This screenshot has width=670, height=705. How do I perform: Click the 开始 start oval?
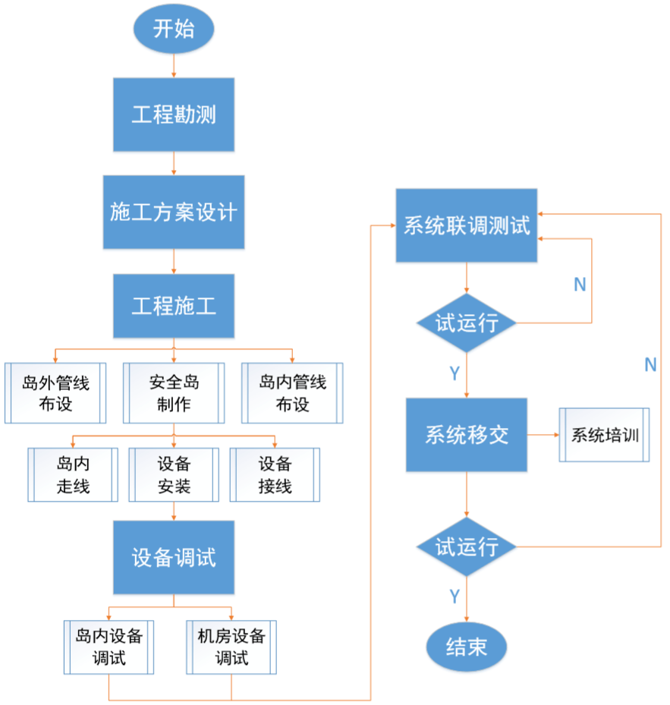[x=174, y=30]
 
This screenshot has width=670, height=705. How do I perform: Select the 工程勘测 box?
[x=174, y=115]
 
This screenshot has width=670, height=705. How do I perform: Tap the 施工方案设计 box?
[x=174, y=212]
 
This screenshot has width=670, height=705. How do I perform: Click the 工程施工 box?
[x=174, y=307]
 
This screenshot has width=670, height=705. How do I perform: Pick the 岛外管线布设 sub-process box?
[x=55, y=393]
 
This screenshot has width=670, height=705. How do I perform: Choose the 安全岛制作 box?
[x=174, y=393]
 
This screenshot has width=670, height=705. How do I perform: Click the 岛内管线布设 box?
[x=292, y=393]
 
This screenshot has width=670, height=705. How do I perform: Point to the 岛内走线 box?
[x=73, y=475]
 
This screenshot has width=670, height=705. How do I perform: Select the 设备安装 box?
[x=174, y=475]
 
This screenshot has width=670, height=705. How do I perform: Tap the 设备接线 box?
[x=275, y=475]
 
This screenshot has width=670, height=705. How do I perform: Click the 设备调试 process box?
[x=174, y=558]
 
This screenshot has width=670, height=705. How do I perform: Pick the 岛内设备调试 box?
[x=109, y=647]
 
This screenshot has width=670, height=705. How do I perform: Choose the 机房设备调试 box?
[x=231, y=647]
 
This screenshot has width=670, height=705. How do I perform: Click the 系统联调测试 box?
[x=467, y=226]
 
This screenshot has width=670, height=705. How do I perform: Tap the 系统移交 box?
[x=467, y=436]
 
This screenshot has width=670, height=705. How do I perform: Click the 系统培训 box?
[x=605, y=436]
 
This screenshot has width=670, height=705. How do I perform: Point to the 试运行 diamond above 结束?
[x=467, y=546]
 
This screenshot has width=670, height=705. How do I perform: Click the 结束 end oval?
[x=467, y=647]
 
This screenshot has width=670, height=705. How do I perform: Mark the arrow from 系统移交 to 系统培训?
[x=543, y=436]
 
